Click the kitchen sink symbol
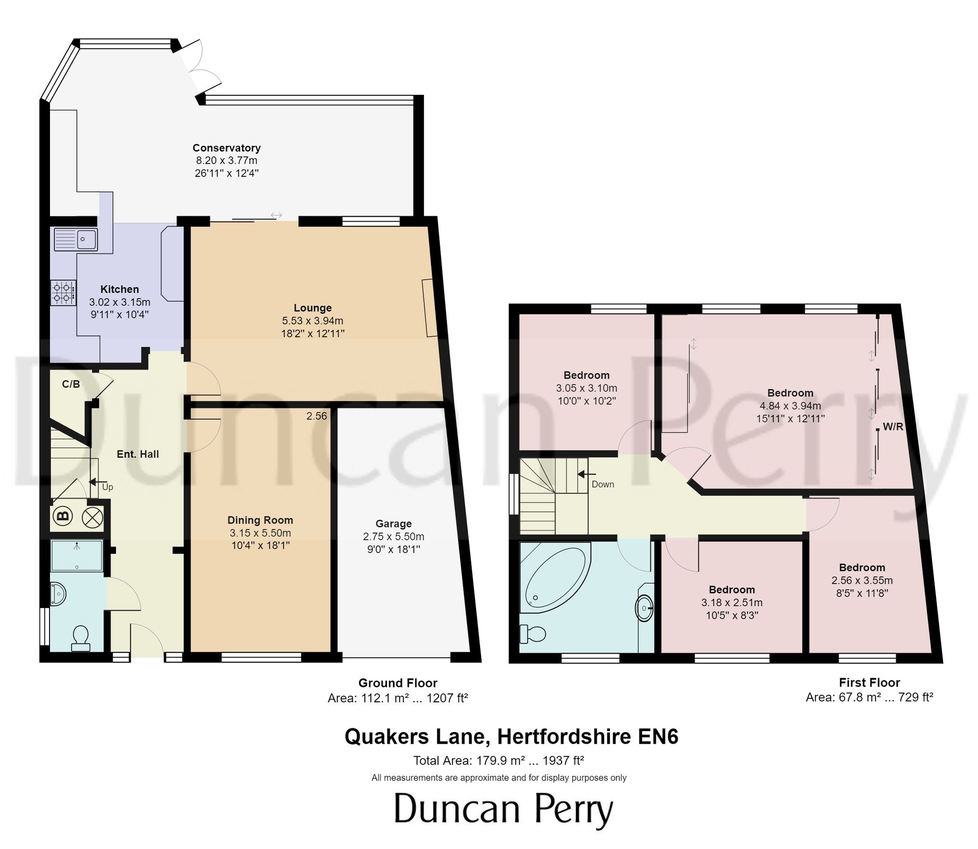pyautogui.click(x=76, y=239)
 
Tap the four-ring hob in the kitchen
pyautogui.click(x=64, y=293)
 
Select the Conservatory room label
pyautogui.click(x=226, y=148)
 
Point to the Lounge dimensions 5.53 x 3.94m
pyautogui.click(x=312, y=321)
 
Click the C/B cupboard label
pyautogui.click(x=71, y=384)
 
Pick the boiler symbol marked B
pyautogui.click(x=63, y=516)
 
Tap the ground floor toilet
pyautogui.click(x=80, y=638)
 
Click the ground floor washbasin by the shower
pyautogui.click(x=58, y=594)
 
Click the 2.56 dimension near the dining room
pyautogui.click(x=316, y=416)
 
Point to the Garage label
pyautogui.click(x=393, y=524)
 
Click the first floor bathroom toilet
pyautogui.click(x=532, y=633)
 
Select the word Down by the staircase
pyautogui.click(x=603, y=484)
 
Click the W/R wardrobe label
pyautogui.click(x=893, y=427)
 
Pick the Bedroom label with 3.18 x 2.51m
pyautogui.click(x=731, y=590)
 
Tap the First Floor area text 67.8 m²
pyautogui.click(x=869, y=698)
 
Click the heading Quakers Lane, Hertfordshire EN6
pyautogui.click(x=511, y=737)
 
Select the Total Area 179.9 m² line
pyautogui.click(x=498, y=761)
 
